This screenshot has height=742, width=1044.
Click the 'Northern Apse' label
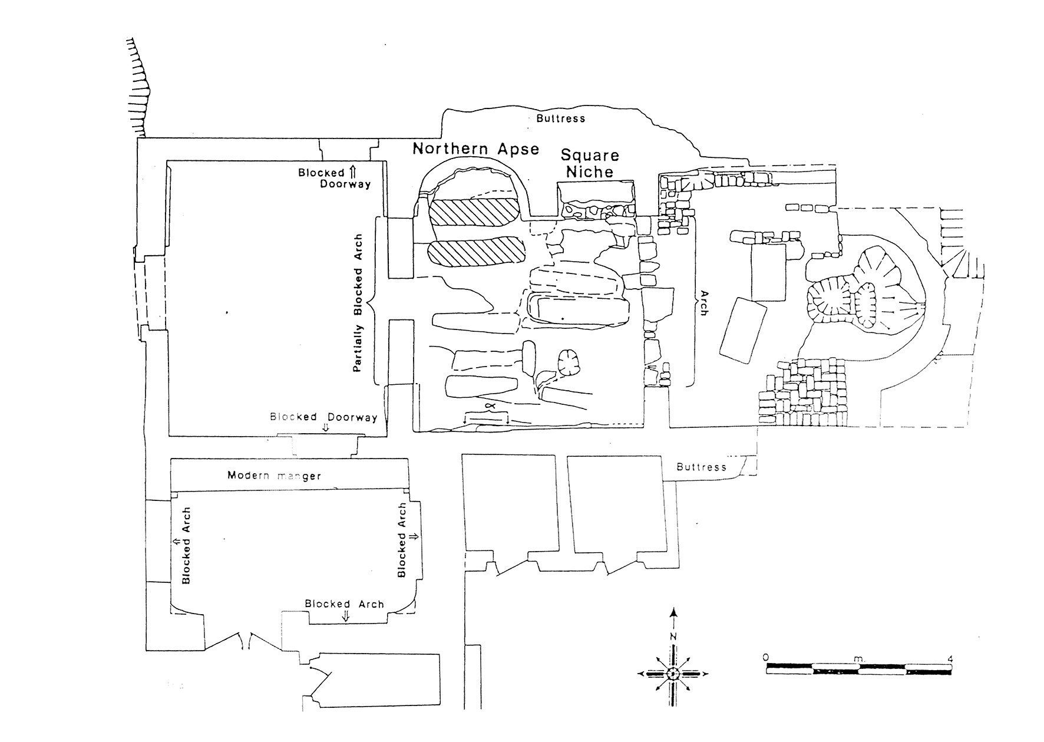coord(475,149)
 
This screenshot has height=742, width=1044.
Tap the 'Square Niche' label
coord(590,163)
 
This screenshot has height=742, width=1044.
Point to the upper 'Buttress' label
coord(560,118)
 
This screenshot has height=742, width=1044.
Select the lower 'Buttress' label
coord(701,467)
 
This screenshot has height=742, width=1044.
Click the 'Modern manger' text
coord(274,475)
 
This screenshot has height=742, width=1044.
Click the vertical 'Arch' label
coord(702,303)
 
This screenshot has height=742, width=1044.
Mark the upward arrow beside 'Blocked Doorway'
coord(352,172)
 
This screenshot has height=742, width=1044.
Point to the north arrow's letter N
coord(673,637)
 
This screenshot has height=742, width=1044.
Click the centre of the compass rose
coord(673,673)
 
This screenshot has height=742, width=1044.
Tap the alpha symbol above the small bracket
coord(488,407)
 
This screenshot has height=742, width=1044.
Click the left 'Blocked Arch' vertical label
coord(186,545)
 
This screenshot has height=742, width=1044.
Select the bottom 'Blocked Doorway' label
coord(323,417)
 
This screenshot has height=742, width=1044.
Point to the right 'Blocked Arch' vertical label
coord(402,540)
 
